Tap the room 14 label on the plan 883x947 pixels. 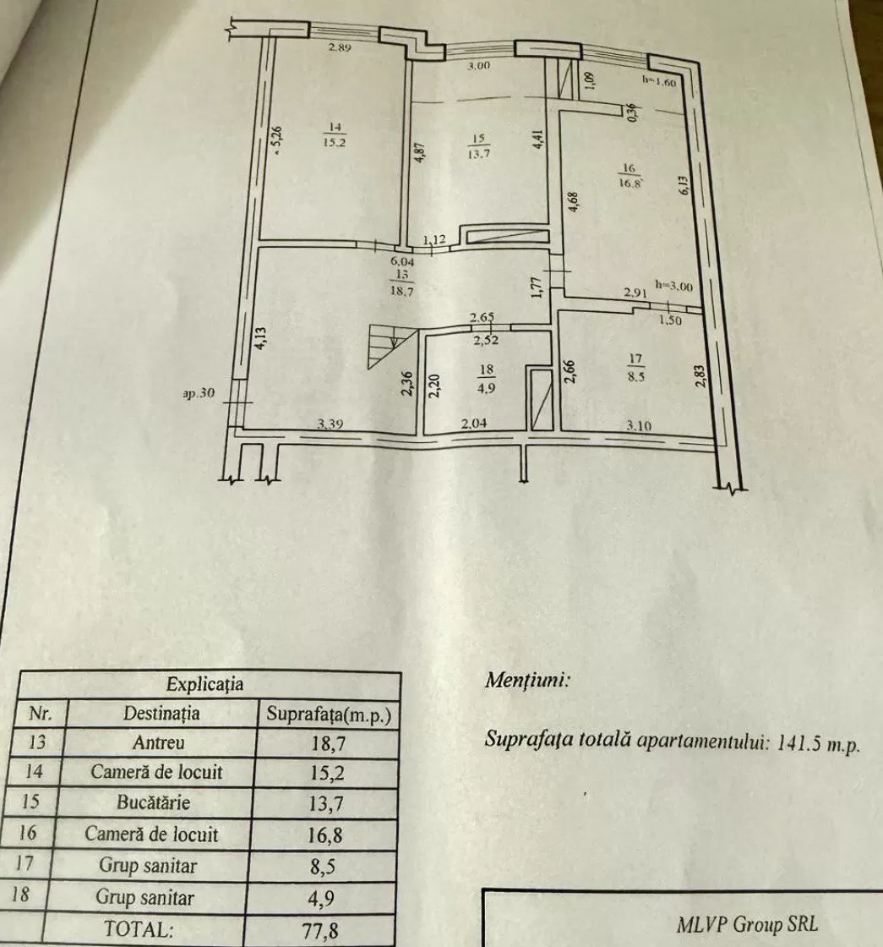(x=335, y=134)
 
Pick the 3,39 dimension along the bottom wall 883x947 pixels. (x=330, y=424)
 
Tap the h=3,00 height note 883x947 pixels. (x=674, y=285)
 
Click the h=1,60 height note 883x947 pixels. (x=658, y=82)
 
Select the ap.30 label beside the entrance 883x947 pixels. (x=199, y=393)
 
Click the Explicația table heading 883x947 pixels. (x=204, y=684)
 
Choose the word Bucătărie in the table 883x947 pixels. (x=153, y=802)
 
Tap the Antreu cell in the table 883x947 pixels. (x=158, y=742)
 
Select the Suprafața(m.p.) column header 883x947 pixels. (x=329, y=714)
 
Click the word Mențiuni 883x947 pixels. (x=527, y=681)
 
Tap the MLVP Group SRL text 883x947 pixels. (x=747, y=924)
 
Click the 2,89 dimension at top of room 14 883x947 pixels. (x=340, y=47)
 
